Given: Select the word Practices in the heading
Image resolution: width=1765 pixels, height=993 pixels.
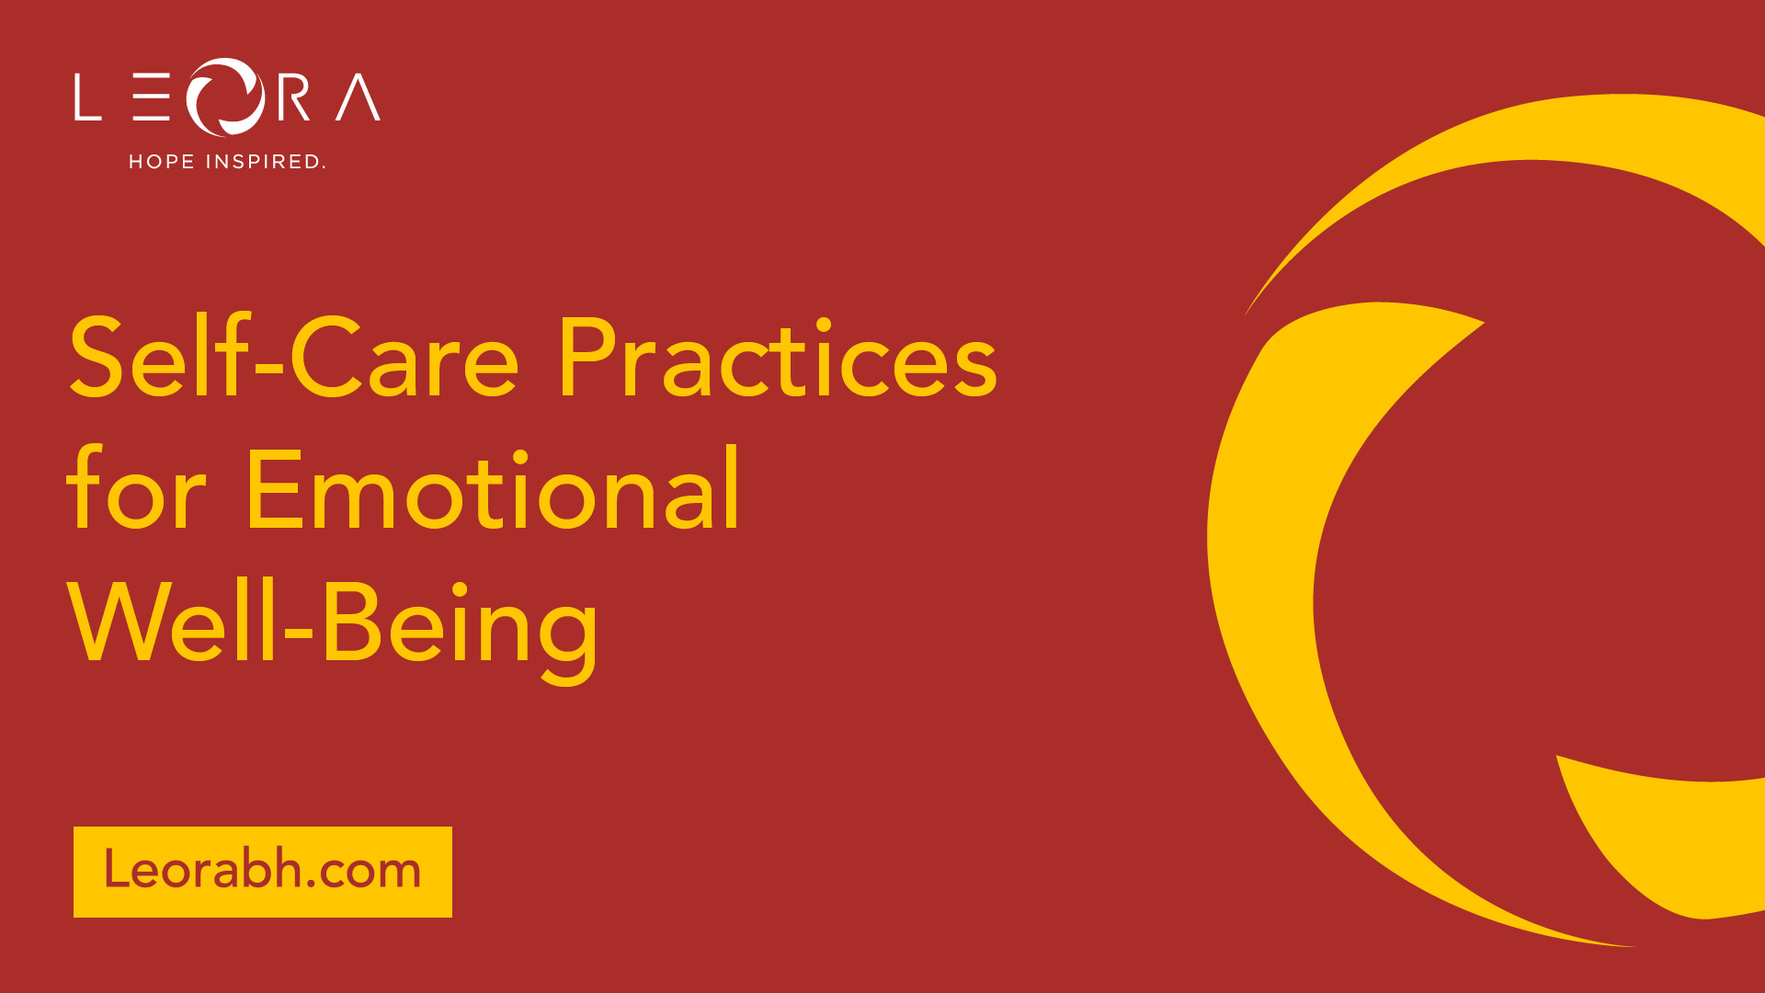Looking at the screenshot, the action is click(x=778, y=357).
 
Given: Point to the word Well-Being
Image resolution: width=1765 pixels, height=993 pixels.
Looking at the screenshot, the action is click(x=333, y=626).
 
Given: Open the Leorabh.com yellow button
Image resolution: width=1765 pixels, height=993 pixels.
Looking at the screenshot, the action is click(x=263, y=872).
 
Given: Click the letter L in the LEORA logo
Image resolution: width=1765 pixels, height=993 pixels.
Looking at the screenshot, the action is click(x=87, y=97).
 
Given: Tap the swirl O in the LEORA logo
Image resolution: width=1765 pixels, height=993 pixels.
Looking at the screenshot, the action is click(x=226, y=97).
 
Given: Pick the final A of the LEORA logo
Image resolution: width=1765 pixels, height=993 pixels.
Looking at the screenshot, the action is click(x=358, y=97).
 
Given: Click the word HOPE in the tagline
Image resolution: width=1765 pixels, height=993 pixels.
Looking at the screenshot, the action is click(x=162, y=162).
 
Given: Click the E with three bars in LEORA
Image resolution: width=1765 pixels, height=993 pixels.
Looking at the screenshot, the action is click(x=151, y=97).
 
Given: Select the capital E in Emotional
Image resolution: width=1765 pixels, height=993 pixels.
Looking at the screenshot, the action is click(x=274, y=489).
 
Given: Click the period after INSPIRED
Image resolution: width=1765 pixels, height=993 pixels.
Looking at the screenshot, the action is click(x=323, y=167).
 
